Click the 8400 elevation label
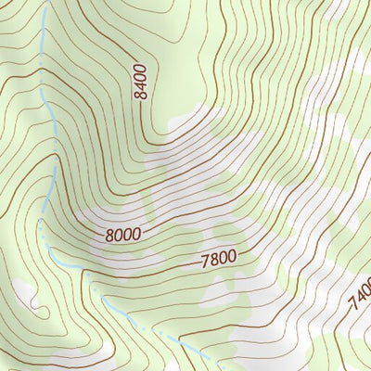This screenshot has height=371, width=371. click(x=140, y=82)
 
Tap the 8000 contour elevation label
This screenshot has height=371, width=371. click(x=122, y=235)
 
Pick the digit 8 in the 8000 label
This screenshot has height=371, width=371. click(x=110, y=236)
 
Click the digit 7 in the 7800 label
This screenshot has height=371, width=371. click(x=205, y=262)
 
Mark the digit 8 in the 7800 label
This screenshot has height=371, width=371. click(x=214, y=261)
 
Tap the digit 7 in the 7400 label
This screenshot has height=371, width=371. click(x=353, y=309)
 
